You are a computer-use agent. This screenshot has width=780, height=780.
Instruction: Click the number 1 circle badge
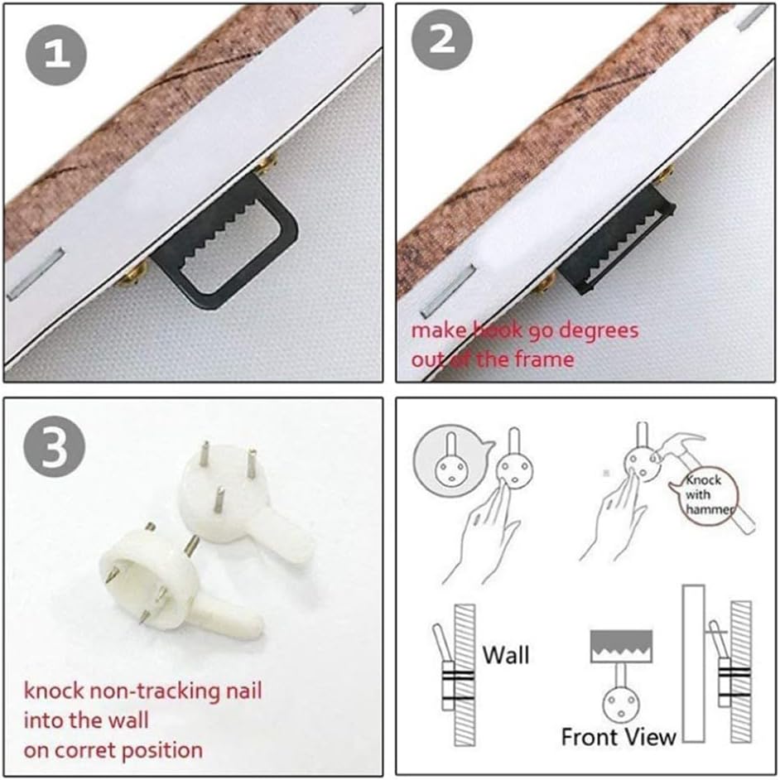pos(56,55)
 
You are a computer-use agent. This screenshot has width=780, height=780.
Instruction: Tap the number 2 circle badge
pos(442,39)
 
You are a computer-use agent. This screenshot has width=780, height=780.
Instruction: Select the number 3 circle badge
pos(54,446)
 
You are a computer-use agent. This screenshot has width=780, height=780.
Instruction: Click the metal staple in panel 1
pos(36,274)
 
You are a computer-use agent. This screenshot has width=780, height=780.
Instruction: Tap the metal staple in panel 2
pos(448,291)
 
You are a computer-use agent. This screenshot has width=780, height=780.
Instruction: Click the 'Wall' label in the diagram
pos(506,655)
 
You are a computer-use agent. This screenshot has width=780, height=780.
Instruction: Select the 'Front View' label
pos(619,737)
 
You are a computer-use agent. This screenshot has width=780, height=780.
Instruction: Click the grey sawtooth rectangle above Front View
pos(621,646)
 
